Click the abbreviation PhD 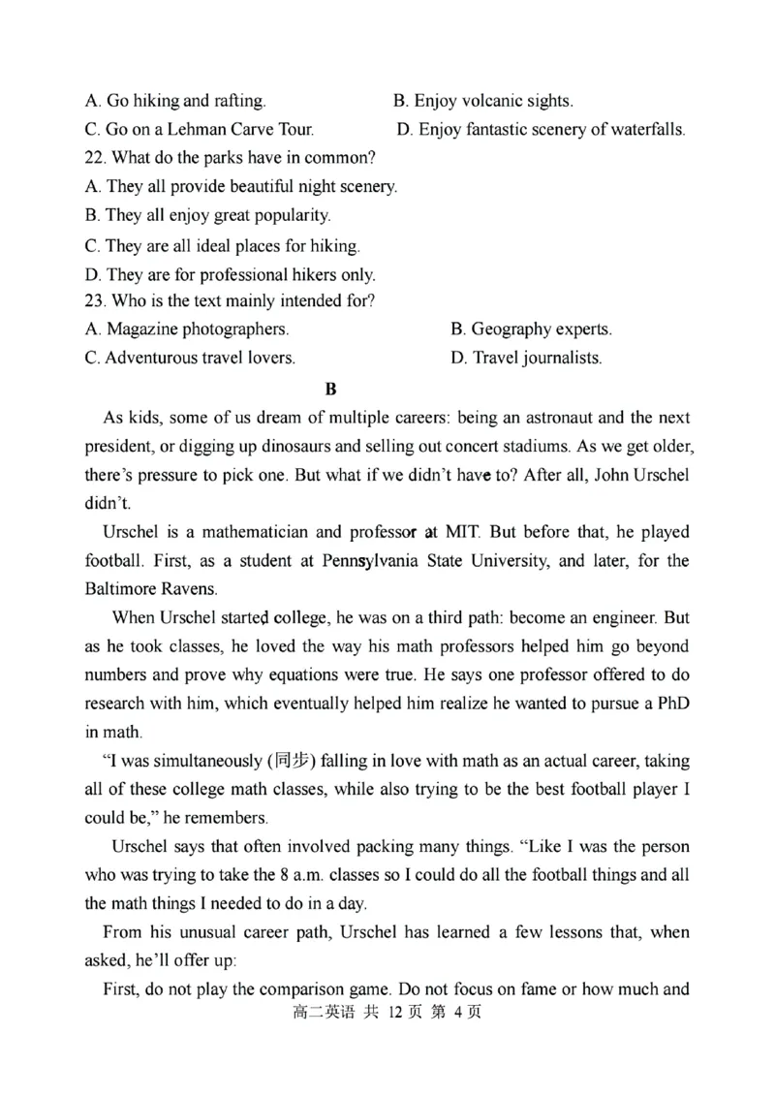point(670,702)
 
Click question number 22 point(95,158)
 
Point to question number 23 point(95,300)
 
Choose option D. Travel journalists point(526,358)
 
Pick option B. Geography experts point(531,329)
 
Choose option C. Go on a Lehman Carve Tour point(199,129)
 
